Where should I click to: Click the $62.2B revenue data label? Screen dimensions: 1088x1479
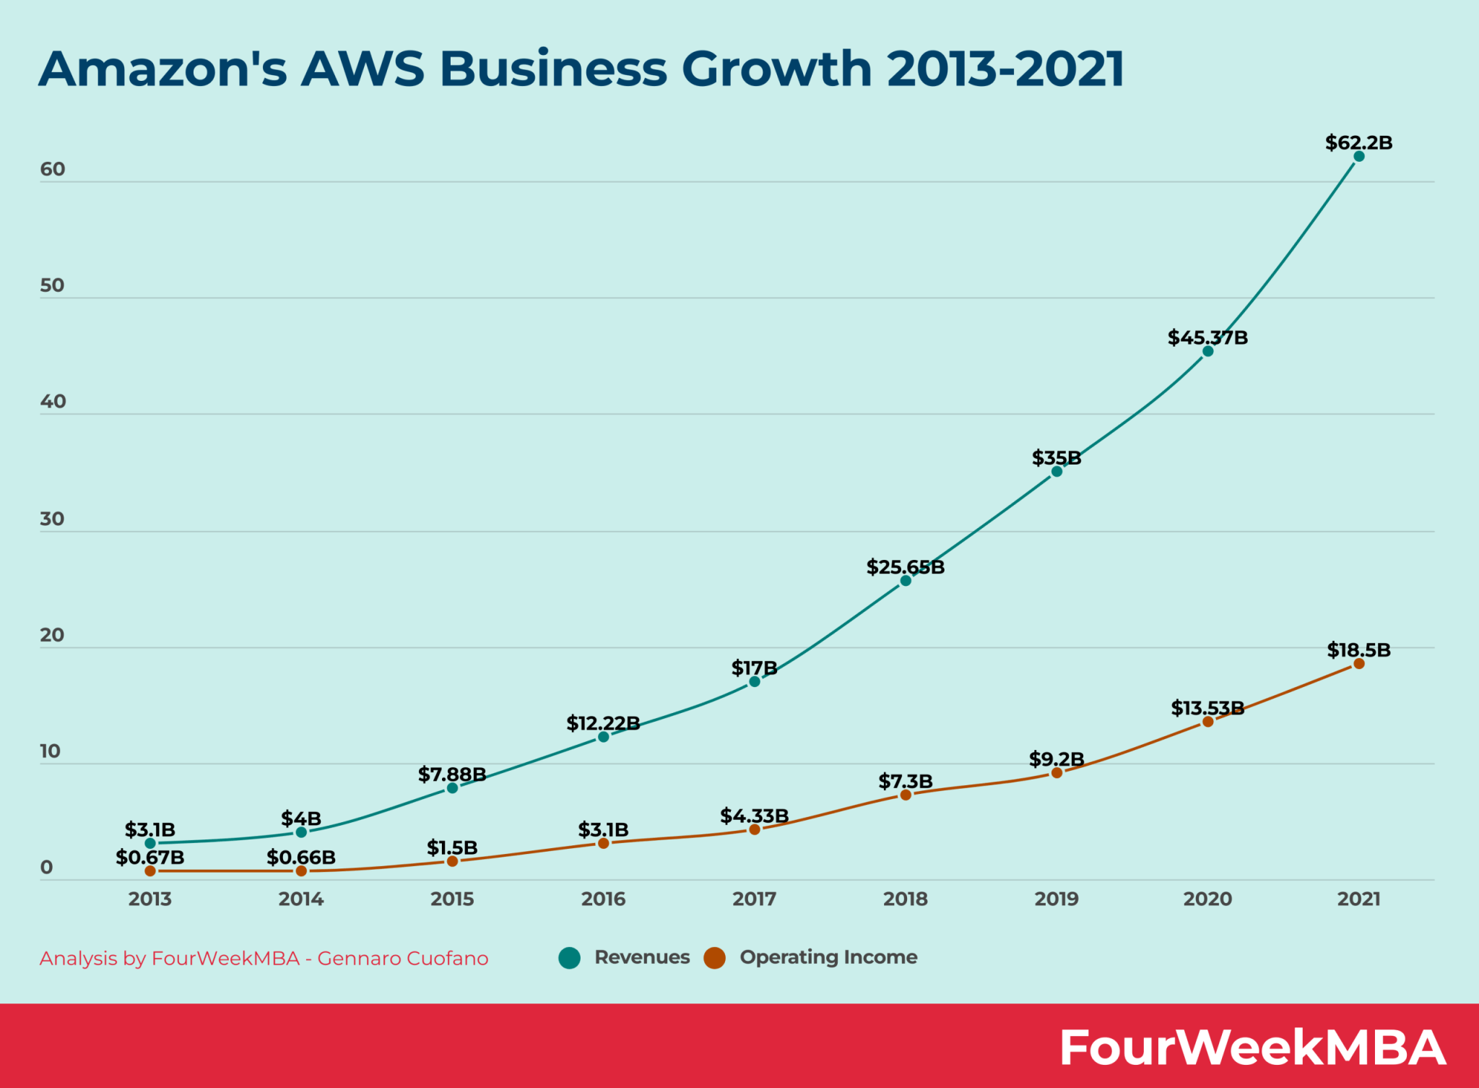coord(1358,142)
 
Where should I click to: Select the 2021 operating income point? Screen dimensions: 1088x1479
coord(1358,663)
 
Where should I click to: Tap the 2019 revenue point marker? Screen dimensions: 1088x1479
coord(1057,471)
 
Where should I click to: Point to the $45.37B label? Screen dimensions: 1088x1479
coord(1207,337)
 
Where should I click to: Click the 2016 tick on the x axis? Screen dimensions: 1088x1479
coord(603,899)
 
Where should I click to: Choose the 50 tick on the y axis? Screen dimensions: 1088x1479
coord(52,285)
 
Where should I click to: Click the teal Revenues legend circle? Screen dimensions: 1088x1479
coord(569,958)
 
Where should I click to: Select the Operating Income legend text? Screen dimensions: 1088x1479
coord(828,957)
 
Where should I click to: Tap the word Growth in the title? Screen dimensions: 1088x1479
coord(776,69)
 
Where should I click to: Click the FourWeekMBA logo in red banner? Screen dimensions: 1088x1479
coord(1252,1047)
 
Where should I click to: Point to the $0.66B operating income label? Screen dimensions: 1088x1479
coord(301,857)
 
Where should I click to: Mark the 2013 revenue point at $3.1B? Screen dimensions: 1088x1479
coord(150,843)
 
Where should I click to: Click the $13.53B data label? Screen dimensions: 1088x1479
coord(1207,708)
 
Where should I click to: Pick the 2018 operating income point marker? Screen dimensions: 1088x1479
coord(906,795)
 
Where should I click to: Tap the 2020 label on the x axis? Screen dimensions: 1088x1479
coord(1207,899)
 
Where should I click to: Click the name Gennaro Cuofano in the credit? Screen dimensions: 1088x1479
coord(403,958)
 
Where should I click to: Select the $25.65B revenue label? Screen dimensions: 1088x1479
coord(906,567)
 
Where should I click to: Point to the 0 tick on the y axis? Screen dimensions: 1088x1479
coord(47,868)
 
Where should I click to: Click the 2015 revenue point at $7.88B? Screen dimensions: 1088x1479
coord(452,787)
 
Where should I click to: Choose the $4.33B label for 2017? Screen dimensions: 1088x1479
coord(754,816)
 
